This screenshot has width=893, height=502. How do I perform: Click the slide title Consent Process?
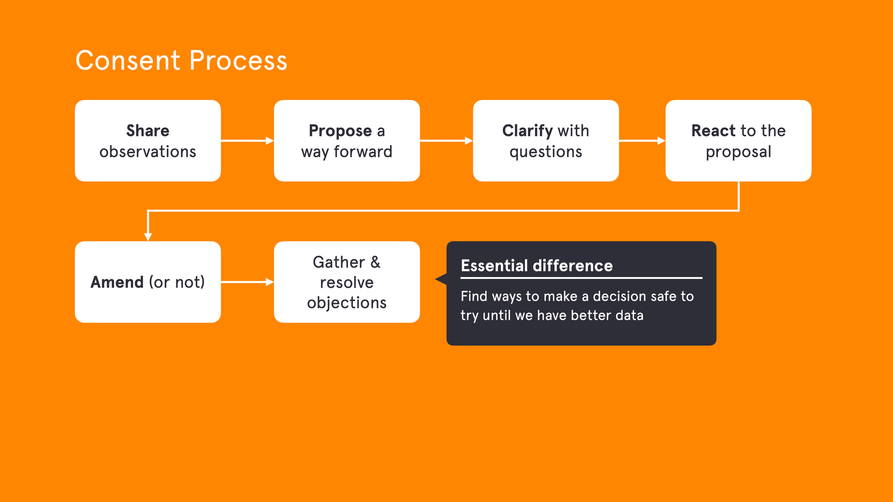[181, 61]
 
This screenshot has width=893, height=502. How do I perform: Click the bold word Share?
[148, 131]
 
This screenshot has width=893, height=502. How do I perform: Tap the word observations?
[148, 152]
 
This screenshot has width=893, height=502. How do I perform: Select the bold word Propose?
[340, 131]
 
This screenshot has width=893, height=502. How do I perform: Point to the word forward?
[363, 152]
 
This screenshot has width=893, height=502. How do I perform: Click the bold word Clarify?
[527, 131]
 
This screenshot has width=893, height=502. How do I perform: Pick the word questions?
[546, 152]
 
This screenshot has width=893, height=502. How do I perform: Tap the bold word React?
[713, 131]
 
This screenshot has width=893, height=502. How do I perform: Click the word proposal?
[739, 152]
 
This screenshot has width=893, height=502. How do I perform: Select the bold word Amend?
[117, 282]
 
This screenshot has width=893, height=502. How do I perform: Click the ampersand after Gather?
[375, 262]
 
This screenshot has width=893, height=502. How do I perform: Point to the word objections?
[347, 303]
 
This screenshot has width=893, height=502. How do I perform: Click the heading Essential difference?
[537, 266]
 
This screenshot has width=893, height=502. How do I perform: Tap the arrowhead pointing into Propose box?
[270, 141]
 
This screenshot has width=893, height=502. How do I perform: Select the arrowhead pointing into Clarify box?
[469, 141]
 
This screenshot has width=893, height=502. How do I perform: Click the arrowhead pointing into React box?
[661, 141]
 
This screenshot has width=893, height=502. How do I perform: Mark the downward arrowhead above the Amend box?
[148, 237]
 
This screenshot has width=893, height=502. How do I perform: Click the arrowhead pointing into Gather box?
[270, 282]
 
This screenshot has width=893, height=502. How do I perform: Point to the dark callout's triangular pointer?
[441, 279]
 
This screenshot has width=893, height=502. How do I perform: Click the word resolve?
[347, 282]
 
